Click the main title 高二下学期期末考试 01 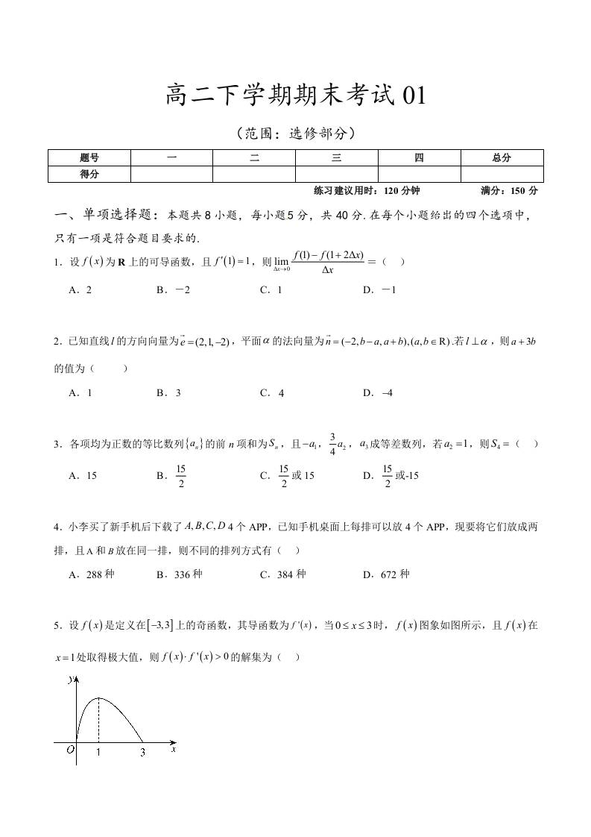click(x=295, y=96)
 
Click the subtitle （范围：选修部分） click(x=295, y=134)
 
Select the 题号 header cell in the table click(x=89, y=157)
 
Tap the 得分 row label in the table click(x=89, y=174)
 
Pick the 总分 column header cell click(x=502, y=157)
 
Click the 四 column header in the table click(x=419, y=157)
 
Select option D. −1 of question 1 click(x=379, y=290)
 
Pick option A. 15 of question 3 click(x=83, y=474)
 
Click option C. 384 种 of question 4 click(x=283, y=574)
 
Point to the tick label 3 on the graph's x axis click(x=143, y=753)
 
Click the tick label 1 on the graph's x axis click(x=98, y=753)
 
